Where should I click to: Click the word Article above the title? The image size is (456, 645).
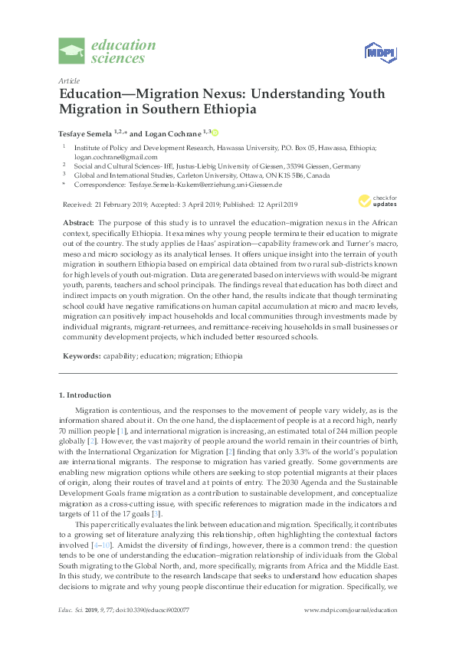coord(67,80)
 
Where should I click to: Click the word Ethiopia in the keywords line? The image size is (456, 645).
coord(229,356)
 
